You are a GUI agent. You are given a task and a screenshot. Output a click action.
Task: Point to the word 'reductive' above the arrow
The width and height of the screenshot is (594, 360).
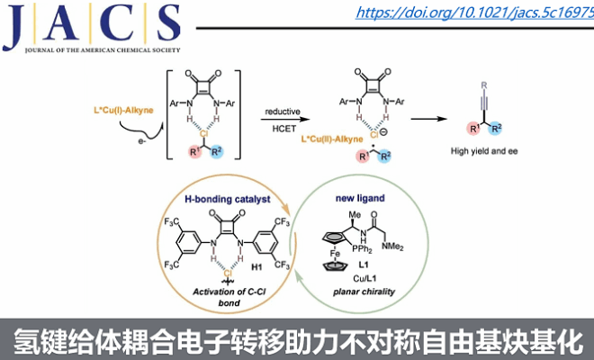282,111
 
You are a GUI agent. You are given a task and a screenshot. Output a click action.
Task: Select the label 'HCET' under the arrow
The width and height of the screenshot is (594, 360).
282,130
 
